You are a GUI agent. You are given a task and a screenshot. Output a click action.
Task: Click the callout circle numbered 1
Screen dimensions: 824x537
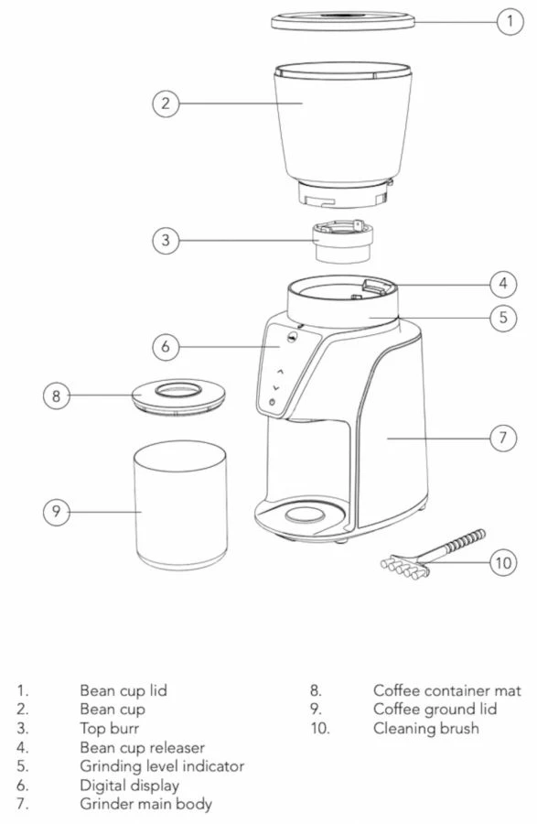click(510, 21)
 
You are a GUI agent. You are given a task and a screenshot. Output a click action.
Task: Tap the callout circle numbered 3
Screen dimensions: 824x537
click(166, 241)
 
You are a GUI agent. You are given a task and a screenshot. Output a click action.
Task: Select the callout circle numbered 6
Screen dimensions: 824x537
click(166, 347)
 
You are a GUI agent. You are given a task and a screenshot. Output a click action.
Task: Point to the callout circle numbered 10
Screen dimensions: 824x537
click(503, 562)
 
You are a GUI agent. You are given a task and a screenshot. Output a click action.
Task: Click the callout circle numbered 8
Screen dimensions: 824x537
click(57, 396)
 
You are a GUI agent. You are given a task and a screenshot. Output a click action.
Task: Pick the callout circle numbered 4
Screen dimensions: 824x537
click(502, 284)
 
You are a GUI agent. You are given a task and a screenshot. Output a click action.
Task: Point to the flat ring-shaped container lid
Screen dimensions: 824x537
click(178, 396)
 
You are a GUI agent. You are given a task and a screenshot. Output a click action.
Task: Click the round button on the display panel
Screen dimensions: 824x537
click(271, 403)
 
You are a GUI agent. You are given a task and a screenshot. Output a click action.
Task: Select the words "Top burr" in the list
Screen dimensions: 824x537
click(109, 729)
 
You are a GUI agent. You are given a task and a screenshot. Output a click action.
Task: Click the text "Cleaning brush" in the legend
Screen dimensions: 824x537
click(425, 729)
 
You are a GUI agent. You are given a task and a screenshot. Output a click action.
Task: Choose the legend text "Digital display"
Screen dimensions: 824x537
click(130, 785)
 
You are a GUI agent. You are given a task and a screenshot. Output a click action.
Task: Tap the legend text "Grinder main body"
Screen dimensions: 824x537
click(145, 804)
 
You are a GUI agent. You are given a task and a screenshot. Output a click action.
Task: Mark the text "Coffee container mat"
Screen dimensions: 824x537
click(446, 690)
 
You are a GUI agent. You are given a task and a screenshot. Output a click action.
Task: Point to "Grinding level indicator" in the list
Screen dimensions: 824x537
click(162, 766)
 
